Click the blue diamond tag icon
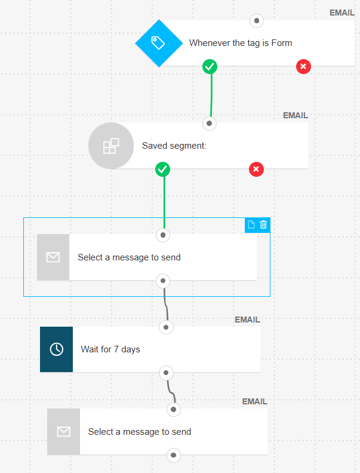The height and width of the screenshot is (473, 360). click(158, 43)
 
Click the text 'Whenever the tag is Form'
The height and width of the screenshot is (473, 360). click(241, 43)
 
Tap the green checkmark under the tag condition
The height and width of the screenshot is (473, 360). click(210, 66)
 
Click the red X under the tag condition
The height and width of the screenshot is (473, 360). click(303, 66)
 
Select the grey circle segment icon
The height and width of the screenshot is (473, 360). click(111, 146)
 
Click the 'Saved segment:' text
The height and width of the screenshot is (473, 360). click(174, 145)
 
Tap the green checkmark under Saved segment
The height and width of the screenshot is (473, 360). click(162, 170)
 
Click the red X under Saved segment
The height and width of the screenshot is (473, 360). click(256, 170)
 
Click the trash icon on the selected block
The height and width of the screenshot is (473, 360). click(263, 225)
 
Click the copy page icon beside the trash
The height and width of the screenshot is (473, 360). click(251, 225)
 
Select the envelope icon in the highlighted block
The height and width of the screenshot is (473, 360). click(53, 257)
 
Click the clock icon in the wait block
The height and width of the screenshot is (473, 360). click(56, 349)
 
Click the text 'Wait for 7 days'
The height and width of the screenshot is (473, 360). click(110, 349)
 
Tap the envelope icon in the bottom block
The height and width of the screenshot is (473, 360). click(63, 432)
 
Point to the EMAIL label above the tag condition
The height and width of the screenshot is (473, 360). click(341, 13)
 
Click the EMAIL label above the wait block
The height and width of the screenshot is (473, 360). click(247, 320)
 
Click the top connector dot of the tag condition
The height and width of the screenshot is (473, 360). click(257, 21)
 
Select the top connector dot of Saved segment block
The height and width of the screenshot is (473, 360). click(210, 124)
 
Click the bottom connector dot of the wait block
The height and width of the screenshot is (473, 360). click(167, 373)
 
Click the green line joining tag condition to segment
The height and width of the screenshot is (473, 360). click(211, 96)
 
